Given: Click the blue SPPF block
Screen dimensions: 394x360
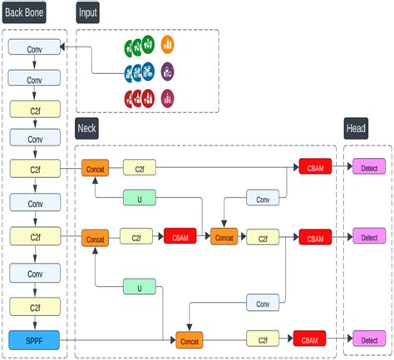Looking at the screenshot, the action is coord(34,340).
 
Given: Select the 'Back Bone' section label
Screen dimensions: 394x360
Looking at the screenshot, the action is coord(24,12).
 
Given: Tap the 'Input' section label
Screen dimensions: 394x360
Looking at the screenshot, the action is coord(87,12).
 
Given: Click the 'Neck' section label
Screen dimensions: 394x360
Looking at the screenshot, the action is coord(86,128).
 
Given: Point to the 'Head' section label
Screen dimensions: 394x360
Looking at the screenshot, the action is coord(356,128).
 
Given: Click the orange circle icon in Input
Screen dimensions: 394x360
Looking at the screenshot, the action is coord(167,44).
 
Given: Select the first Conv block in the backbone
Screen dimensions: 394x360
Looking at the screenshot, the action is coord(34,47).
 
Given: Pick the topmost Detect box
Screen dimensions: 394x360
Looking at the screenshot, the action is coord(369,166).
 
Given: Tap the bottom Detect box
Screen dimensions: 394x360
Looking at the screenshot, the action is coord(369,338).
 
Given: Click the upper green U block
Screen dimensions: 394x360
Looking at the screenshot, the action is coord(140,198).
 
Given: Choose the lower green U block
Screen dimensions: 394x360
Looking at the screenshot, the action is coord(140,287).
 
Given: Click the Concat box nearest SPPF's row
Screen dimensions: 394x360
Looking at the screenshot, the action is coord(190,340).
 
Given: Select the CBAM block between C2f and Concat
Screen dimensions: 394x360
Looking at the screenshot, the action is coord(180,236).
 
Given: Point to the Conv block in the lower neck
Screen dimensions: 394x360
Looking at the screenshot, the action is coord(263,303).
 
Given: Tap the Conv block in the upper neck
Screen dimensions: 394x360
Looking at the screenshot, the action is coord(263,198).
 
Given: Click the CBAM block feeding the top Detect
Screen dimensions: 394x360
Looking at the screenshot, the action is coord(315,166).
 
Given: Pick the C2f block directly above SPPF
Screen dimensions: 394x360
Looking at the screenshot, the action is coord(35,307).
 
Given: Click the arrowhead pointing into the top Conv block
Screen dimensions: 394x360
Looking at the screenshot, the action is coord(62,47).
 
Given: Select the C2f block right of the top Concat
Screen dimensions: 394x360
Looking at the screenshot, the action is coord(140,167).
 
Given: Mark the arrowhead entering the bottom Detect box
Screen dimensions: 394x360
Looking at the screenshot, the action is coord(350,338).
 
